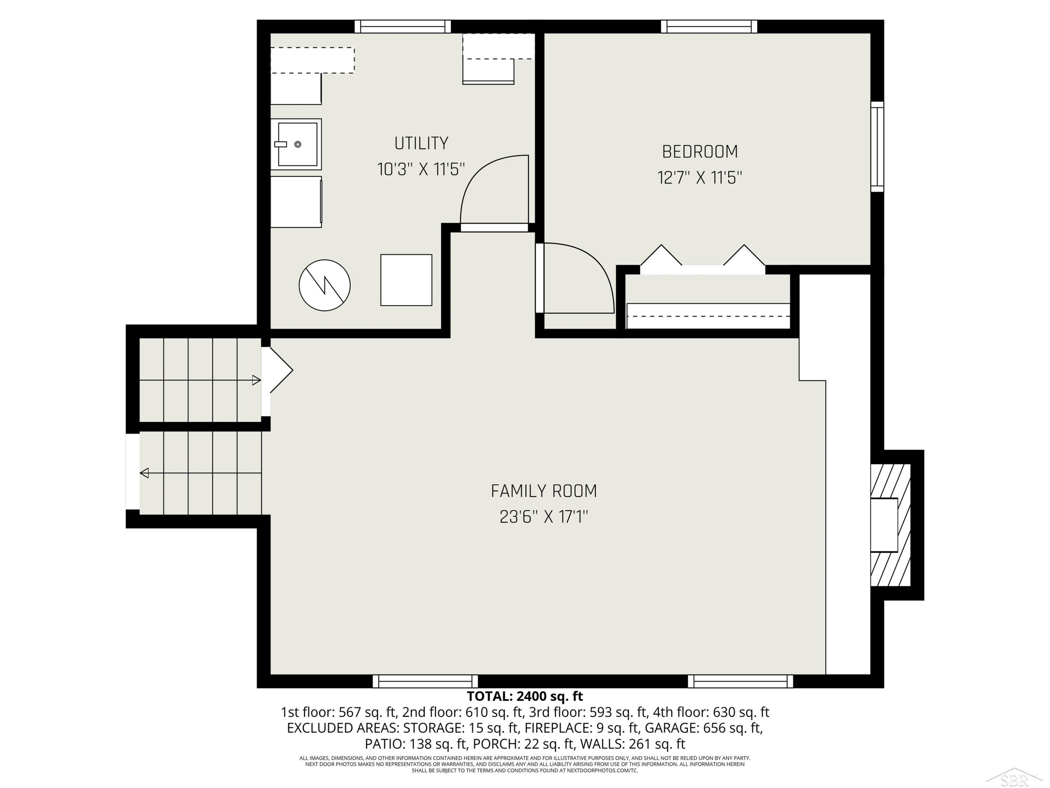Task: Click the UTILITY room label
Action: [x=421, y=143]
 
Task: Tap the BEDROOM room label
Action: [x=700, y=152]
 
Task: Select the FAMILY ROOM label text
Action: [x=544, y=491]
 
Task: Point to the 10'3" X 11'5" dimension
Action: [x=421, y=169]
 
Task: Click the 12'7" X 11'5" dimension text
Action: [x=700, y=178]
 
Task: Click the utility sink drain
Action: [x=297, y=144]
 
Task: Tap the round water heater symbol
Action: [x=325, y=285]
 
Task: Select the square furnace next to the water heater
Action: [x=406, y=280]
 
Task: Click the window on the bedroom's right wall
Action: [x=877, y=146]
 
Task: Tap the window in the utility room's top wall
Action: [x=402, y=27]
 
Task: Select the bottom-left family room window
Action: [x=425, y=681]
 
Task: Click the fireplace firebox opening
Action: [x=884, y=525]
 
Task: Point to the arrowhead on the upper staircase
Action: [x=256, y=380]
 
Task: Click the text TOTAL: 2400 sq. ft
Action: [x=525, y=696]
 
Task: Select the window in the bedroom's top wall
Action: [x=709, y=27]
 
